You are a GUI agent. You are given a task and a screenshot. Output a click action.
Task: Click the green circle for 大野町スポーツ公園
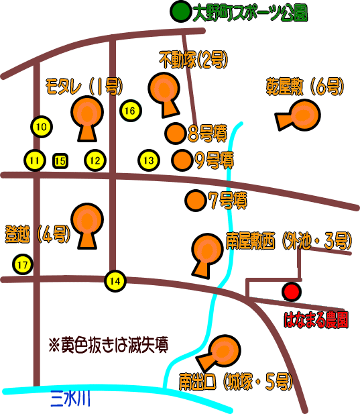180,11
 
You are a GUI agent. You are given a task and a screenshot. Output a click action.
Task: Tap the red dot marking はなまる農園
292,291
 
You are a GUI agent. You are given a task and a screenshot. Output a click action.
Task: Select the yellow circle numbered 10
42,127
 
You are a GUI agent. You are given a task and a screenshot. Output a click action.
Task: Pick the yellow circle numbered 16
131,111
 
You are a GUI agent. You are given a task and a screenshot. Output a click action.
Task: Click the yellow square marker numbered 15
60,161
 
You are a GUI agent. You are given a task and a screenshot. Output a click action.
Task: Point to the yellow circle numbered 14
115,281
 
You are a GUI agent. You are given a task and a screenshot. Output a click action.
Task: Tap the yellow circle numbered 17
23,264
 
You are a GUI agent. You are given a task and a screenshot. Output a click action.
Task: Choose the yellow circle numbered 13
149,160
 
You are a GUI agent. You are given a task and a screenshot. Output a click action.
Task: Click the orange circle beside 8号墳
176,134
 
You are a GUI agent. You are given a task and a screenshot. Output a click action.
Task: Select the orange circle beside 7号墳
195,201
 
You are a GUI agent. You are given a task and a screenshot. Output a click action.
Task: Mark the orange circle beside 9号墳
182,160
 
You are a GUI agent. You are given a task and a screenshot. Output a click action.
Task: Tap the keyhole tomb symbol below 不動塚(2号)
164,94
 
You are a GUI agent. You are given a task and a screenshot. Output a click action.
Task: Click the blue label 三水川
70,399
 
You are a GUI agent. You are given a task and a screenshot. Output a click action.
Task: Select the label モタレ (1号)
84,86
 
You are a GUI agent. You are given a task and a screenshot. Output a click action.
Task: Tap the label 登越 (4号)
38,234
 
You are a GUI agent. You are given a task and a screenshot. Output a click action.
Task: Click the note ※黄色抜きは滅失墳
109,345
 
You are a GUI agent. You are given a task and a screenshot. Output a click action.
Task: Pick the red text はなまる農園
316,320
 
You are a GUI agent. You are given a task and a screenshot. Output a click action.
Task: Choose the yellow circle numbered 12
95,160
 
